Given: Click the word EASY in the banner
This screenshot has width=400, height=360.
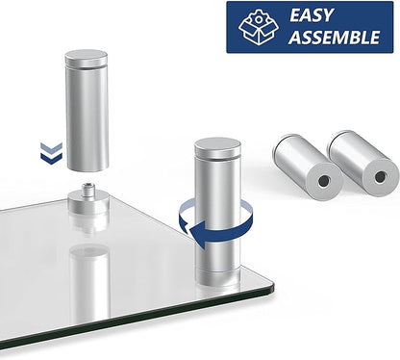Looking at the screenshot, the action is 311,15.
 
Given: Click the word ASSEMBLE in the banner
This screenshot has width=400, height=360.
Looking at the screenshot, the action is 336,38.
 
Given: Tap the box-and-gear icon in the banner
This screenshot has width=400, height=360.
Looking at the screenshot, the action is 259,27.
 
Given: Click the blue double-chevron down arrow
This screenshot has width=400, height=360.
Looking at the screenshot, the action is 51,154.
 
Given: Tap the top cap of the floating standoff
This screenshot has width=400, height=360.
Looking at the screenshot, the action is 87,56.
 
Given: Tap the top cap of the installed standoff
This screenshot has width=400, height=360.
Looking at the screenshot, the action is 217,145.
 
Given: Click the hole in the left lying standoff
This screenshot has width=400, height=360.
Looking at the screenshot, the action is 323,181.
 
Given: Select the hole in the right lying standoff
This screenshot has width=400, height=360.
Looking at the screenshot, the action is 380,176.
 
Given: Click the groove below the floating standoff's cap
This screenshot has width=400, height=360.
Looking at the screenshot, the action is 87,66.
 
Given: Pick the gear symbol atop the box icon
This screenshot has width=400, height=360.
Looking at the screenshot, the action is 258,18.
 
